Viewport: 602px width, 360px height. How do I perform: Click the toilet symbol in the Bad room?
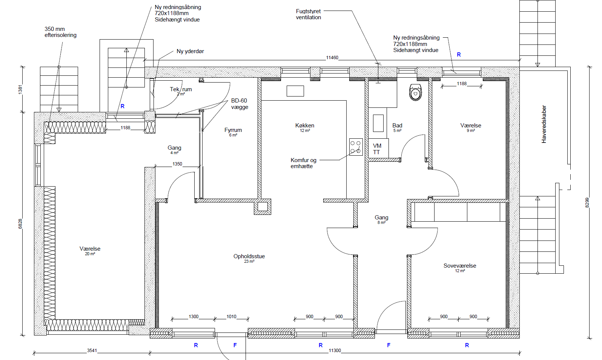[416, 92]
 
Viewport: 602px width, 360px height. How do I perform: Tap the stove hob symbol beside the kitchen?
[356, 147]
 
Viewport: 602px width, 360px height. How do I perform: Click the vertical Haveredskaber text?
[544, 124]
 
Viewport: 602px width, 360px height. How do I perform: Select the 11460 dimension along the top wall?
[332, 58]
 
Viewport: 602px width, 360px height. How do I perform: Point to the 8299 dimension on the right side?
[587, 202]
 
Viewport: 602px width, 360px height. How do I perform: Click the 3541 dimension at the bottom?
[92, 350]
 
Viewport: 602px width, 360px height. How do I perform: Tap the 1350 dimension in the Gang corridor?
[177, 164]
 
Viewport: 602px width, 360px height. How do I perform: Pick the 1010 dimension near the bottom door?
[231, 317]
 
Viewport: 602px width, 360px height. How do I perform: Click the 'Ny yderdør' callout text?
[190, 51]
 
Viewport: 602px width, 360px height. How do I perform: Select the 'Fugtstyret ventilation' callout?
[309, 14]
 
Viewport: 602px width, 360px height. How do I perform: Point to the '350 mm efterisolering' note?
[60, 32]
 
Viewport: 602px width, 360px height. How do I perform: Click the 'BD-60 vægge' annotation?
[240, 104]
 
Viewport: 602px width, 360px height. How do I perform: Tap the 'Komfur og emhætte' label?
[303, 163]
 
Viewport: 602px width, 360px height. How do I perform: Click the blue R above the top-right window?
[459, 55]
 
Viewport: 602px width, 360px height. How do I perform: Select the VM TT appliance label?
[377, 149]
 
